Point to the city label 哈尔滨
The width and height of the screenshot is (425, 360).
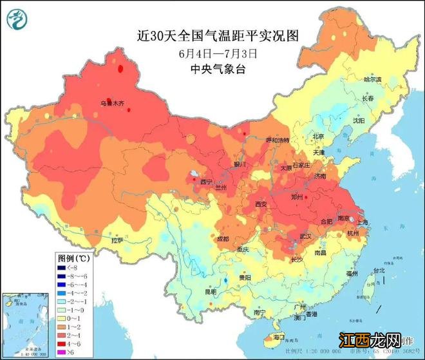372,79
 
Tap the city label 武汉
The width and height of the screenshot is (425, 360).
303,236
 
